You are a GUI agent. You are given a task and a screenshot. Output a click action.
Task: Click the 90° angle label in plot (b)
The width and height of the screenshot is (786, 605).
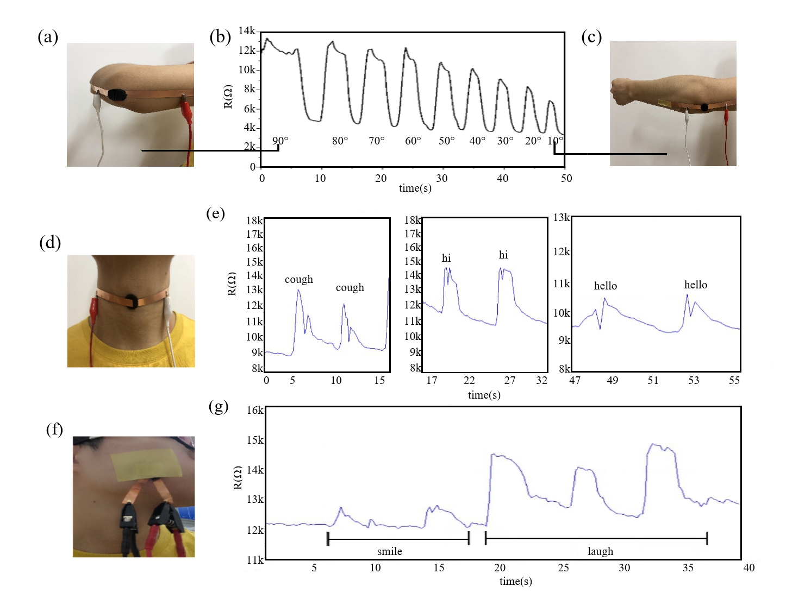pos(280,141)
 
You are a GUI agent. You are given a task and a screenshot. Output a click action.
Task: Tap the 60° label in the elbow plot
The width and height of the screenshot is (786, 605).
pos(413,141)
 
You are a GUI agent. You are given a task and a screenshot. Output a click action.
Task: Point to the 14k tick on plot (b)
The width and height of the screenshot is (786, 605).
pos(247,31)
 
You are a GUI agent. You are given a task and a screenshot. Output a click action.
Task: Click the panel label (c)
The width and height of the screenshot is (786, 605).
pos(591,37)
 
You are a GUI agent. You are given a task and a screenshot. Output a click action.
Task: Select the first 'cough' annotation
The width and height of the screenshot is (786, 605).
pos(299,280)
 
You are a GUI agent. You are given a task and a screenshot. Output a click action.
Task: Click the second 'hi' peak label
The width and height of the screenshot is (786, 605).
pos(503,255)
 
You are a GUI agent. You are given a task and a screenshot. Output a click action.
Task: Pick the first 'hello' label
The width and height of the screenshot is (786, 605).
pos(606,286)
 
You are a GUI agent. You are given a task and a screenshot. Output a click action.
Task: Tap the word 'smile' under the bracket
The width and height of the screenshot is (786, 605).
pos(390,552)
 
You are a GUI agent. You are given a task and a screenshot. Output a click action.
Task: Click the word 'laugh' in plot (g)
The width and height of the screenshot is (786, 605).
pos(600,552)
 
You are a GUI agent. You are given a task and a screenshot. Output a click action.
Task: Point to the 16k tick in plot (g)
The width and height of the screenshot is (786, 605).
pos(255,410)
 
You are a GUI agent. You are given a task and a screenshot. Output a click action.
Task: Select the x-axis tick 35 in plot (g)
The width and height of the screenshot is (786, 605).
pos(688,568)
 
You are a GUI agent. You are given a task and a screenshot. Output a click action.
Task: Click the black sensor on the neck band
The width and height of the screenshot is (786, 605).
pos(132,301)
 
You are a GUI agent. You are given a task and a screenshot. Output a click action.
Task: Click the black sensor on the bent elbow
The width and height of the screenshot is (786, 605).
pos(117,95)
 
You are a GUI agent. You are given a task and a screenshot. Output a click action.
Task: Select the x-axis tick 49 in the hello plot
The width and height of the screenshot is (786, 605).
pos(613,380)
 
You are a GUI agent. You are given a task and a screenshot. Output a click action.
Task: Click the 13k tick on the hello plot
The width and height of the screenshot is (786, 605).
pos(562,218)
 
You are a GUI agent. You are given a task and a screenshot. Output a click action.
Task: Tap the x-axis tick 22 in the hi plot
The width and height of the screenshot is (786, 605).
pos(469,380)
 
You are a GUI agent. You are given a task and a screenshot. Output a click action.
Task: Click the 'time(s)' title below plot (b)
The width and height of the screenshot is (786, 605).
pos(415,188)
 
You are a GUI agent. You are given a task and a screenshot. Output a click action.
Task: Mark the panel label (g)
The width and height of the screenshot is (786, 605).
pos(219,406)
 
